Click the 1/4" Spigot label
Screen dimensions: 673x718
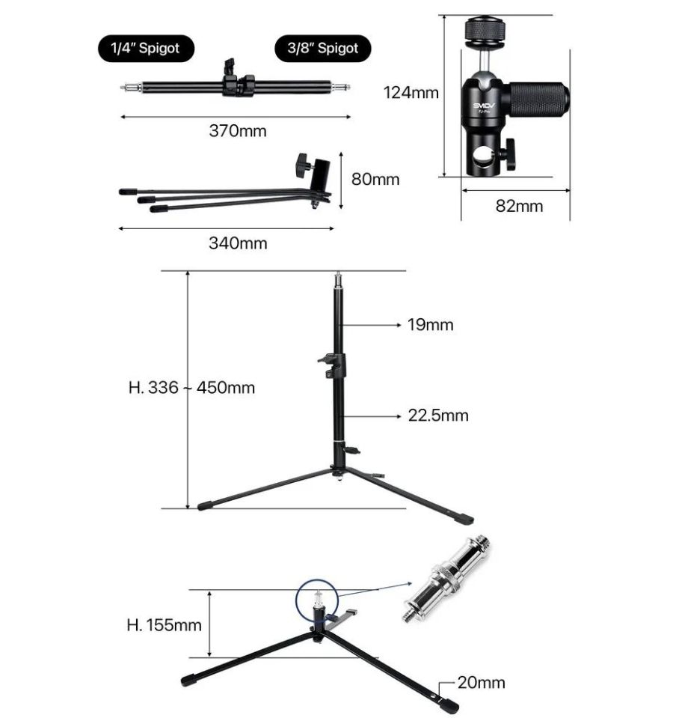pos(146,48)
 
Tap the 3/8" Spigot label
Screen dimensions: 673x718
pos(323,48)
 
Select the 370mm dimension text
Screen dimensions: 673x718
pos(238,131)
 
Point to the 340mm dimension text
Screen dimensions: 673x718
pos(238,243)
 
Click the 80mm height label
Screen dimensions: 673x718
pos(375,179)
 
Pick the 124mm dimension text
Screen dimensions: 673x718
pos(411,93)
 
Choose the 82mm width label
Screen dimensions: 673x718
pos(520,206)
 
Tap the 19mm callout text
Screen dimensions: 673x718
pos(430,325)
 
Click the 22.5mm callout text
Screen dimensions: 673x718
pos(438,416)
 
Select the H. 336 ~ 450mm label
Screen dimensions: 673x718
pos(191,387)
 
